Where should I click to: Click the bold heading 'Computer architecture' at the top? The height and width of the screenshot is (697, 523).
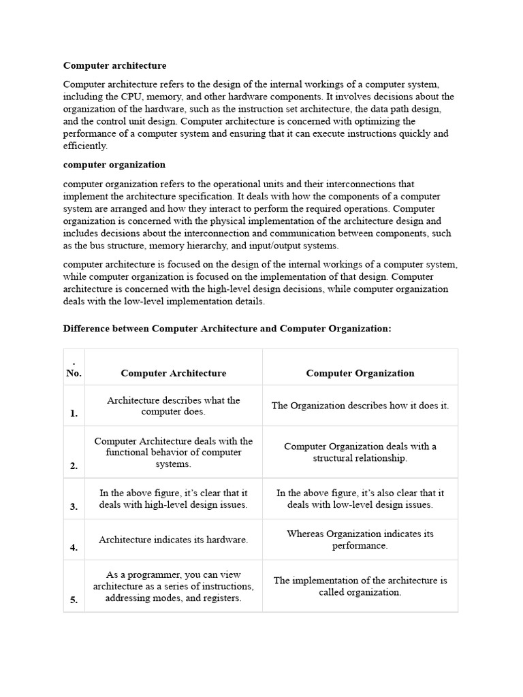point(114,66)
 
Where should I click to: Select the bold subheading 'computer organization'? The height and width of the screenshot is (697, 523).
point(114,165)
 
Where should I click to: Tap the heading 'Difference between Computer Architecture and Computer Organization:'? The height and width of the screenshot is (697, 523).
point(227,328)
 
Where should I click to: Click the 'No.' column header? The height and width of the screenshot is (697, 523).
point(74,373)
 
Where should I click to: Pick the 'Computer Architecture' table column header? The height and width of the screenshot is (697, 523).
point(174,373)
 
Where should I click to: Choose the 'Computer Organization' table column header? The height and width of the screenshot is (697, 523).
point(360,373)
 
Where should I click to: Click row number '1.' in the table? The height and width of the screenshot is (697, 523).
point(73,413)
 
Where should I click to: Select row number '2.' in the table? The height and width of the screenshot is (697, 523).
point(73,466)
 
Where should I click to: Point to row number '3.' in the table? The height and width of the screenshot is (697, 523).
point(73,506)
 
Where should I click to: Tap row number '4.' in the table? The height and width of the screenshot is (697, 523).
point(73,547)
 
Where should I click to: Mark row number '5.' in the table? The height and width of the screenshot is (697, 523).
point(73,600)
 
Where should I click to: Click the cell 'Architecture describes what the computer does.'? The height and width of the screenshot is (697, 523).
point(174,406)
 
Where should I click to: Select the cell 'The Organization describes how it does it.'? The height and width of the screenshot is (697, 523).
point(360,406)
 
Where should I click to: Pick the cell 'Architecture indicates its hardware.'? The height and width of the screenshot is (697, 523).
point(174,540)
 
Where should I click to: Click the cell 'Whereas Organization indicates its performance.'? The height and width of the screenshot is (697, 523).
point(360,540)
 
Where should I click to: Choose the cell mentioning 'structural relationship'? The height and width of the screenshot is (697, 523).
point(360,453)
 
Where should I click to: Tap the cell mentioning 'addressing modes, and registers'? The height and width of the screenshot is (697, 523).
point(174,586)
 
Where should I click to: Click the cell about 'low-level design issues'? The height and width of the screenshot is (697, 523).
point(360,499)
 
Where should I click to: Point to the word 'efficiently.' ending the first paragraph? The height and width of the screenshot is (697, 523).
point(85,146)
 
